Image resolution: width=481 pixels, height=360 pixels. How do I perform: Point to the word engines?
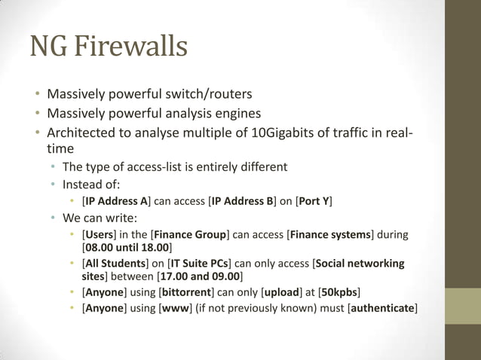click(237, 114)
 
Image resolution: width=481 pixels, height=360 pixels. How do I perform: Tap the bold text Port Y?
click(314, 201)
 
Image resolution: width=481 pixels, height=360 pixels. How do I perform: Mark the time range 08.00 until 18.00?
click(127, 247)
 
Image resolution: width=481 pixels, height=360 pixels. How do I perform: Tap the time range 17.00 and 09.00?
click(198, 276)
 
